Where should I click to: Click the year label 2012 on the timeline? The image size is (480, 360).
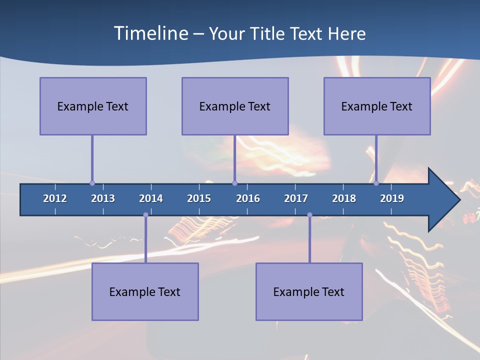(x=55, y=198)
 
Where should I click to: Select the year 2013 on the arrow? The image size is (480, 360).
(x=103, y=198)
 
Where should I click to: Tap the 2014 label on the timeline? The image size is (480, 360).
(x=151, y=198)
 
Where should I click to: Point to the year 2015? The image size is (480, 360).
(x=199, y=198)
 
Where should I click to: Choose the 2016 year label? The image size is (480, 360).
(x=248, y=198)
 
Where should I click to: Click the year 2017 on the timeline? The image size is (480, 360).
(x=296, y=198)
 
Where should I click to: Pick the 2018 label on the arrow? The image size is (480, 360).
(x=344, y=198)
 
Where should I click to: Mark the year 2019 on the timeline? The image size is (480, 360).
(x=392, y=198)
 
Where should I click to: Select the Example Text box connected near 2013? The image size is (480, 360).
(x=93, y=106)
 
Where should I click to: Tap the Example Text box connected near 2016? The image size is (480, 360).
(x=235, y=106)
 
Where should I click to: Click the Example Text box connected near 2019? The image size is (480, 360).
(x=377, y=106)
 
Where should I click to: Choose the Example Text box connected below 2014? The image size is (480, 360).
(x=145, y=291)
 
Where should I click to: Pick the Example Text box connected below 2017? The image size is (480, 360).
(x=309, y=291)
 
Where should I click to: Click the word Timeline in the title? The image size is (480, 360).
(x=149, y=33)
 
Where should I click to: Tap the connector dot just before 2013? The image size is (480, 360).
(x=92, y=183)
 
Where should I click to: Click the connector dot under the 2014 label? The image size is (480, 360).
(x=145, y=215)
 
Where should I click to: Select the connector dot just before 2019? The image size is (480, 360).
(x=376, y=183)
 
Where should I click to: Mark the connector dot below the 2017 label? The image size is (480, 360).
(x=309, y=215)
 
